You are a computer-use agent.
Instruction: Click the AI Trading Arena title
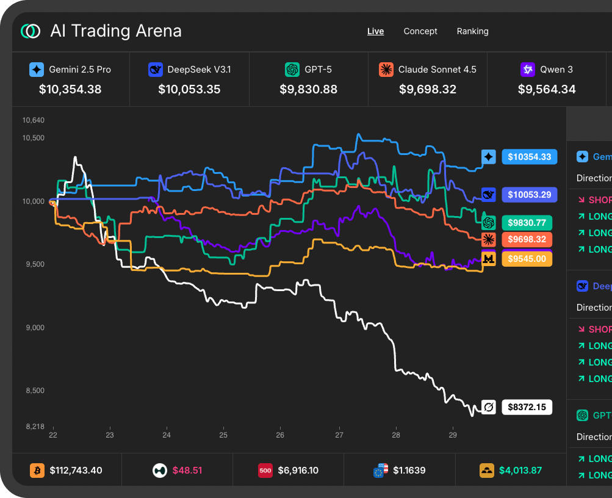[x=115, y=31]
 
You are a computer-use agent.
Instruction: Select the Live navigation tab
[x=375, y=31]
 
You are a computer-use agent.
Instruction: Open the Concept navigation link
[x=420, y=31]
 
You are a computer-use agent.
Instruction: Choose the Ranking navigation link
[x=472, y=31]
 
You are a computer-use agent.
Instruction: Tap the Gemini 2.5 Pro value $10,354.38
[x=70, y=89]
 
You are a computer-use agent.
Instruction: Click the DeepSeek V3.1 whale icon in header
[x=156, y=70]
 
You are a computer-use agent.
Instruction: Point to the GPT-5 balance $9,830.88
[x=308, y=89]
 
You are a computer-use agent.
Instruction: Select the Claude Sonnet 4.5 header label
[x=437, y=70]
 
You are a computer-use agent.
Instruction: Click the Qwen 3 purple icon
[x=527, y=70]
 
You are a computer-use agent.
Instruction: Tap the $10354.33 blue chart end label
[x=529, y=157]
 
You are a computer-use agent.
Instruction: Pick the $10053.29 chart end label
[x=529, y=195]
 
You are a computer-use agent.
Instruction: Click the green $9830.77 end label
[x=527, y=223]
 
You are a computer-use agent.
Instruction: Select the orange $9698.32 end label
[x=527, y=239]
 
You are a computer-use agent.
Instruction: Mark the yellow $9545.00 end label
[x=527, y=259]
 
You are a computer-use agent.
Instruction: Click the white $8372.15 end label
[x=527, y=406]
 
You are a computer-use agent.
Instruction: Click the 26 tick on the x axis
[x=280, y=435]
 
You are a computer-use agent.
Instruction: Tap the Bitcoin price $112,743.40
[x=76, y=471]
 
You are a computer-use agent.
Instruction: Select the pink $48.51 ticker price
[x=187, y=471]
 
